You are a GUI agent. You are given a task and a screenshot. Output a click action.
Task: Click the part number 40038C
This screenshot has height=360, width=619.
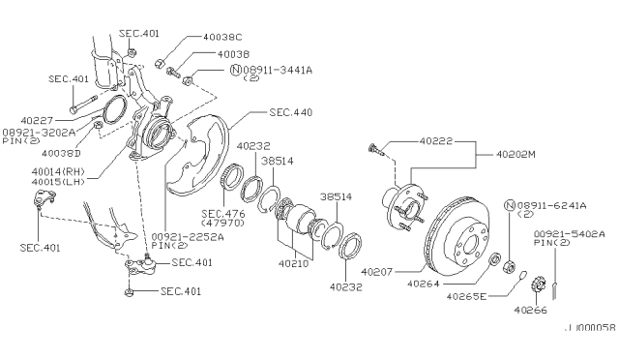[x=222, y=37]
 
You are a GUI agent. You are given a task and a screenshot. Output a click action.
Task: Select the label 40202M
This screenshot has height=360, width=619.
[x=516, y=154]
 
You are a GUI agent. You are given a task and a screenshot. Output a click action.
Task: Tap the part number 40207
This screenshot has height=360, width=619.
[x=377, y=272]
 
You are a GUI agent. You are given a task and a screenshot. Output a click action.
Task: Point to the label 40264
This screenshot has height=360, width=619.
[x=424, y=284]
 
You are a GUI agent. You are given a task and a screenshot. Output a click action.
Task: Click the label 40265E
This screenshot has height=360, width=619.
[x=466, y=296]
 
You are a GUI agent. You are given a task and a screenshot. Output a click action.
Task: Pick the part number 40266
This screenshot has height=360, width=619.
[x=531, y=311]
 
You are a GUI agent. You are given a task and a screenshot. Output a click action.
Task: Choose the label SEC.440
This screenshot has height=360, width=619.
[x=291, y=112]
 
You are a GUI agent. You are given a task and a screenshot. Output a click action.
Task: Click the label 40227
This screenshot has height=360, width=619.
[x=37, y=120]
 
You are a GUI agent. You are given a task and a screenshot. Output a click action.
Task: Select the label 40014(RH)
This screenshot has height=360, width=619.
[x=58, y=172]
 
